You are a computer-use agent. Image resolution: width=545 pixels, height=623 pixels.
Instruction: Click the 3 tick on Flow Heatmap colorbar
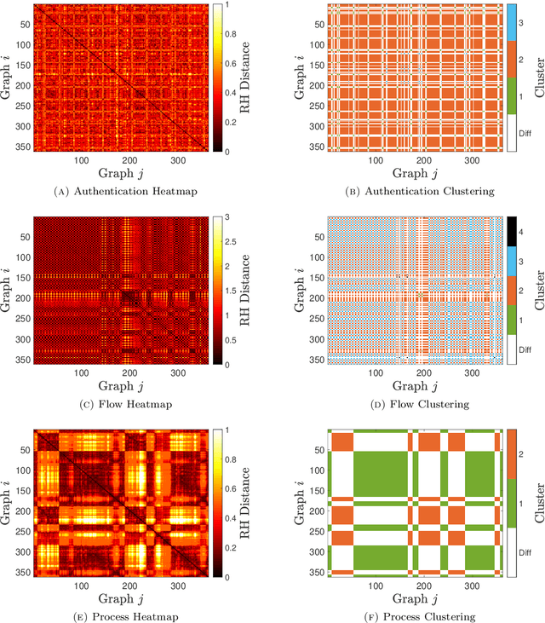pos(229,217)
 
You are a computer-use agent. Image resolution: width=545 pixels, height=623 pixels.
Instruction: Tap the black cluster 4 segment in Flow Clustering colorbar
pos(513,229)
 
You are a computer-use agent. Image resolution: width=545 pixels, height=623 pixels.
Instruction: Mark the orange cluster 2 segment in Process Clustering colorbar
pos(513,453)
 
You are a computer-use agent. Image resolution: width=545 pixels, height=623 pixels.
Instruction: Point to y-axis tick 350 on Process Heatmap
pos(22,572)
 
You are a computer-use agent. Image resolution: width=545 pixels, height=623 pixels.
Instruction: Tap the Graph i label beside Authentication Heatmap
pos(8,78)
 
